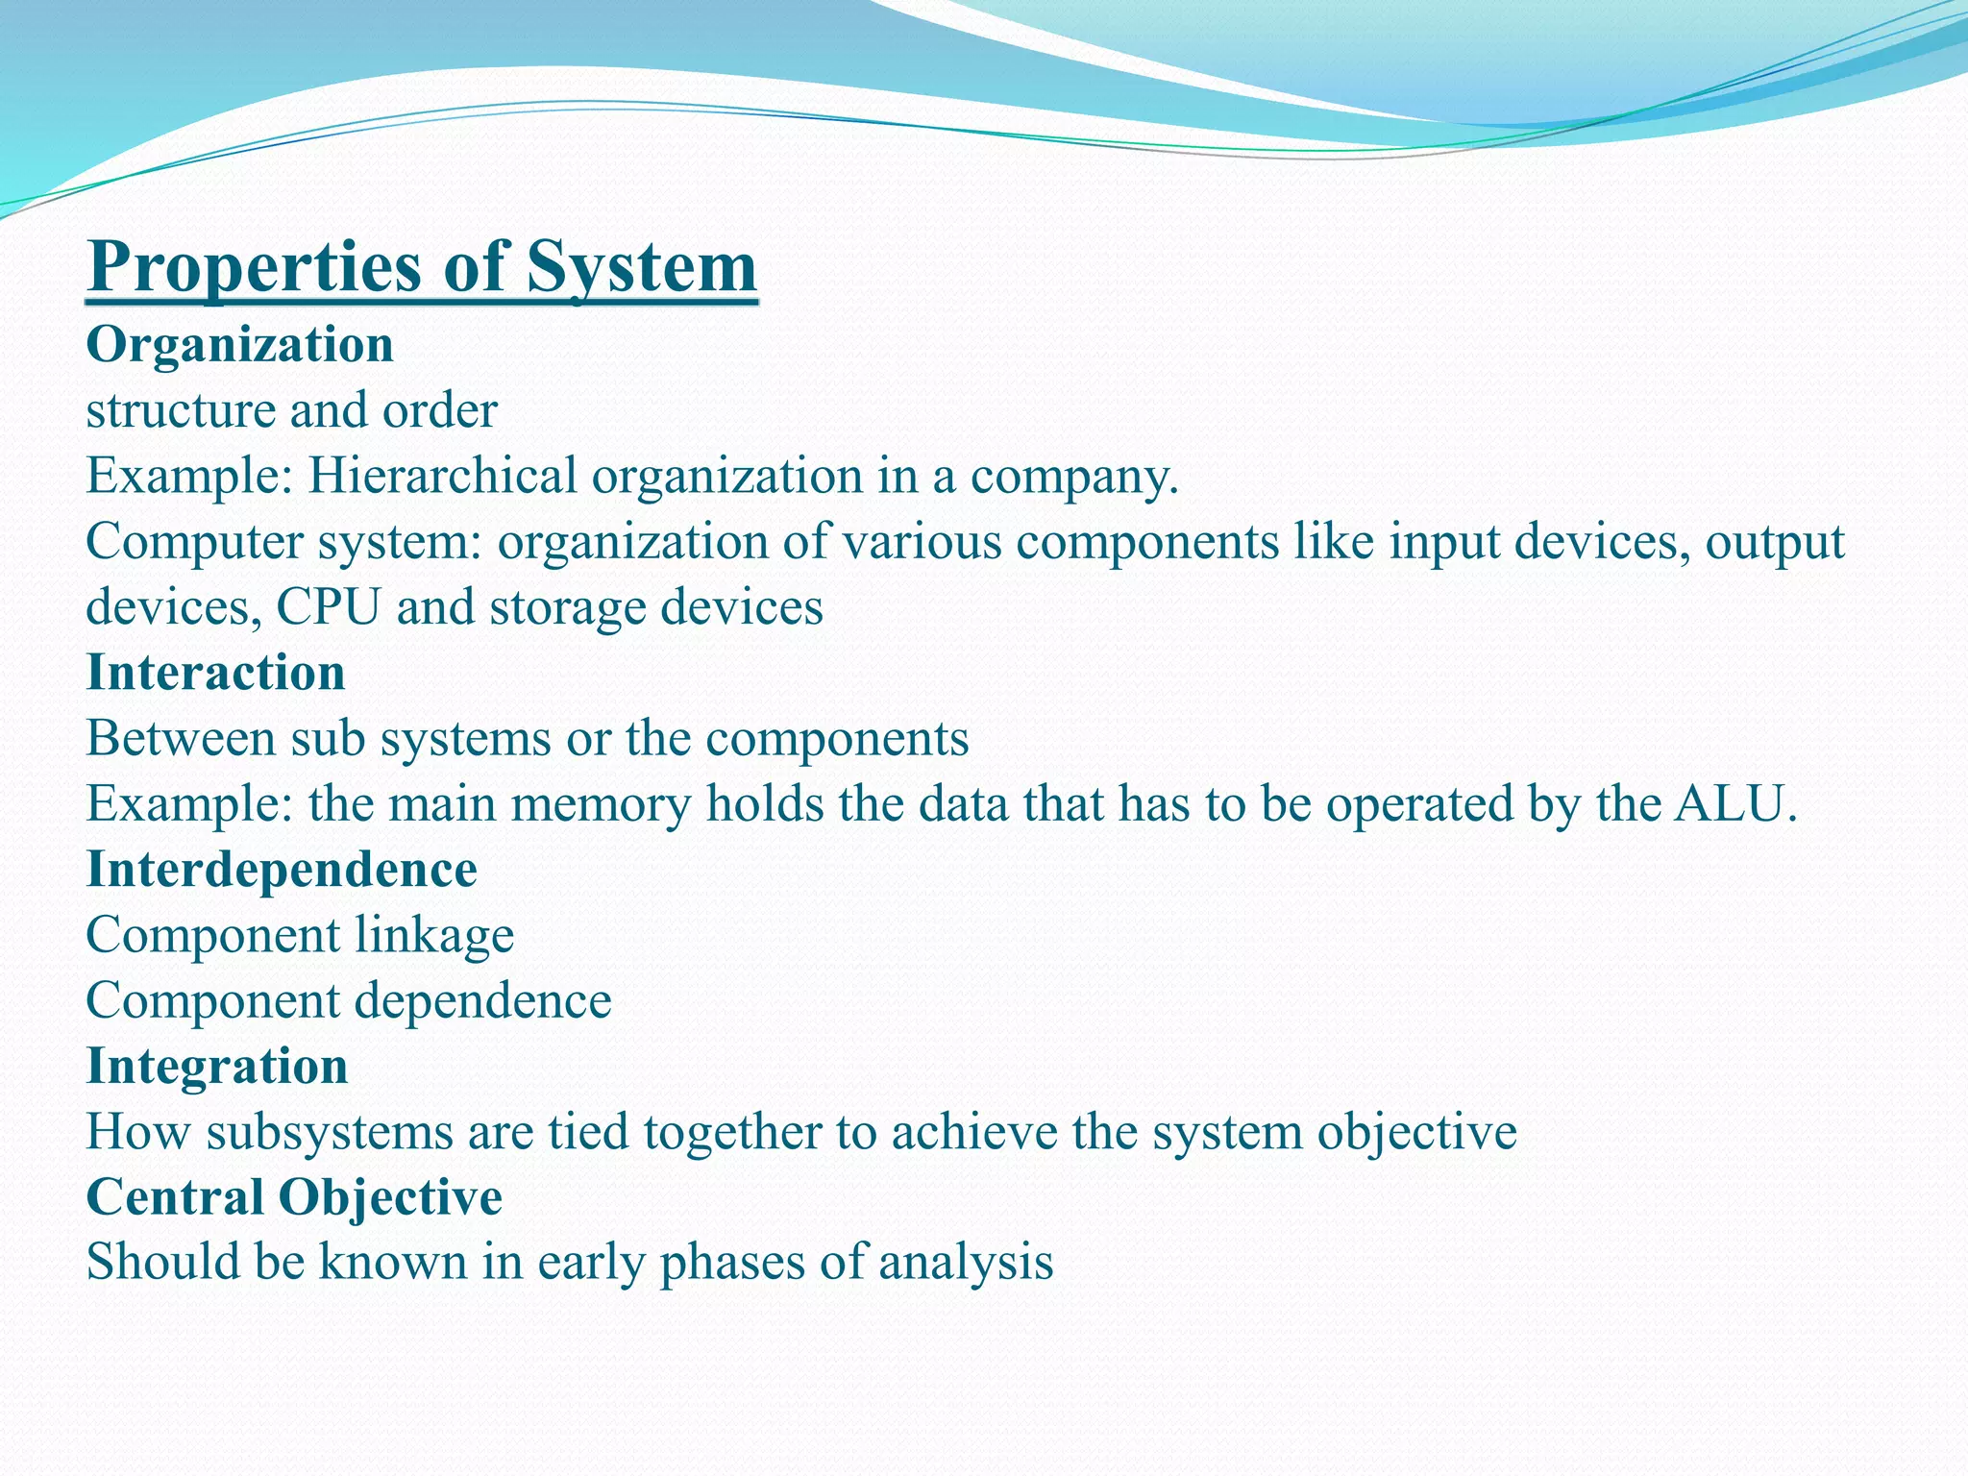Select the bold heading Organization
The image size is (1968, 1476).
(239, 345)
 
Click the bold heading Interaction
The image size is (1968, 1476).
(215, 673)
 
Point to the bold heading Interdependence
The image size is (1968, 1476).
(282, 870)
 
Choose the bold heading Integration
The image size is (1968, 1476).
(217, 1067)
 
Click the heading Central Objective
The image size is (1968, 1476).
(294, 1197)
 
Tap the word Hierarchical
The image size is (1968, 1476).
(441, 476)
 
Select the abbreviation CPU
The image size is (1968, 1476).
(328, 607)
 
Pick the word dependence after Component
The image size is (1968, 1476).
(483, 1001)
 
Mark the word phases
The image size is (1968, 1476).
(731, 1264)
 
